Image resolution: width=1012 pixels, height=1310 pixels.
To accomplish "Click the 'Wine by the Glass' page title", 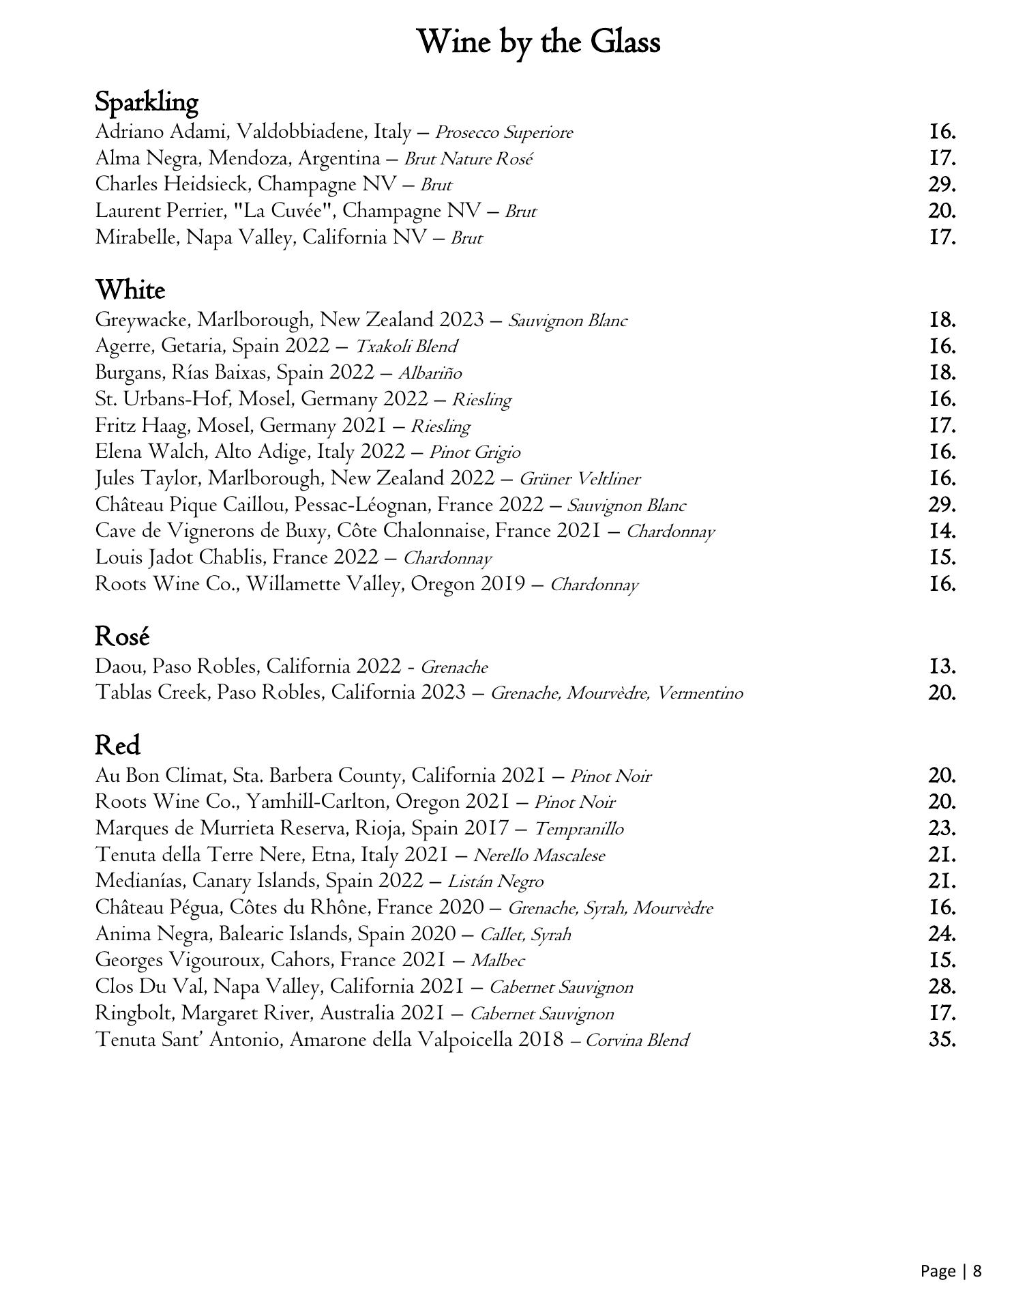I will (537, 43).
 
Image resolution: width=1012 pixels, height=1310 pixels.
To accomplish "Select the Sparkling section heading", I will (146, 102).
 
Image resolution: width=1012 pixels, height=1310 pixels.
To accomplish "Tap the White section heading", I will (130, 291).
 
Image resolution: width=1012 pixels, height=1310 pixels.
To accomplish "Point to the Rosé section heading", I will (122, 637).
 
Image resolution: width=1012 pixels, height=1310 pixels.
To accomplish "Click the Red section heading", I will (117, 745).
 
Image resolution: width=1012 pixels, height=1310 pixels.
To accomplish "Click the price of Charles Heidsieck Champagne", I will (942, 185).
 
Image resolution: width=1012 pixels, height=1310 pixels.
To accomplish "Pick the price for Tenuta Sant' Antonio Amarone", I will (942, 1040).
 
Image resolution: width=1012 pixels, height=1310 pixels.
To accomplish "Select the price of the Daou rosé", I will (942, 667).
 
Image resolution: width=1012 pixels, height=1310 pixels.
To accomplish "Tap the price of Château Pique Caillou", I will (942, 506).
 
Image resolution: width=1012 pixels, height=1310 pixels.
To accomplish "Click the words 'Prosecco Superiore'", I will (504, 132).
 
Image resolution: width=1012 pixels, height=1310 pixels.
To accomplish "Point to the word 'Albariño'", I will (430, 373).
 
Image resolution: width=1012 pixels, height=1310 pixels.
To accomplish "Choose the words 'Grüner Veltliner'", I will (580, 479).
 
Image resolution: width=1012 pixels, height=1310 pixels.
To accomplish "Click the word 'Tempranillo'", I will (578, 829).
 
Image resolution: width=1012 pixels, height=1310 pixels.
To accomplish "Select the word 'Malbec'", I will (498, 961).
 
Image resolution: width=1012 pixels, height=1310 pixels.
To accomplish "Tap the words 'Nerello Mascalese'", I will (539, 856).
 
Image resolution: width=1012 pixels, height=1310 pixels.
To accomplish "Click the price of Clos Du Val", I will (942, 987).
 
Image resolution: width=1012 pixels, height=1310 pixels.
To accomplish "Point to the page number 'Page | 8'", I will (951, 1271).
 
